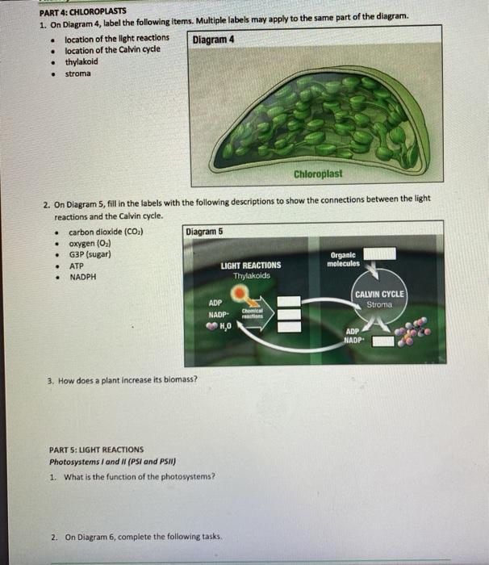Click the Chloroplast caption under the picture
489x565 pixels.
point(318,174)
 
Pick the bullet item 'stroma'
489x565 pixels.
point(78,73)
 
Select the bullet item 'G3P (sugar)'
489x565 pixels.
point(90,254)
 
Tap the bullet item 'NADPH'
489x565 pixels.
point(82,277)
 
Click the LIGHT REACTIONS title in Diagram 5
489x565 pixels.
point(250,265)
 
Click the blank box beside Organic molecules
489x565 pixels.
point(383,254)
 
